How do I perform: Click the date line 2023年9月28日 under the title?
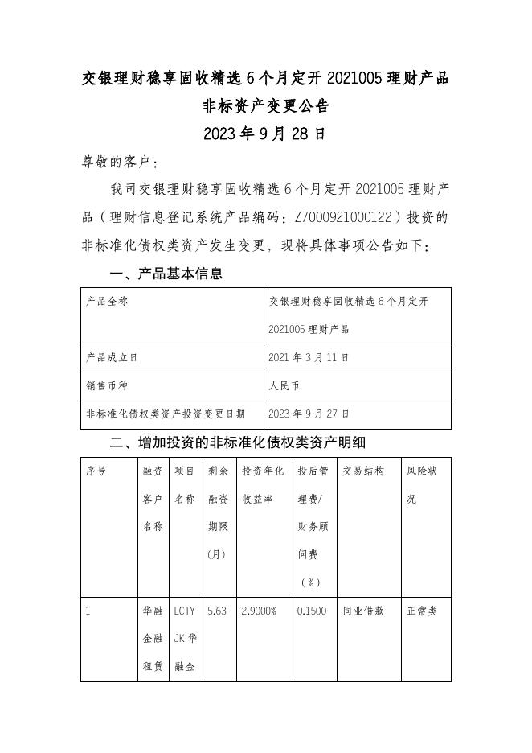click(x=265, y=134)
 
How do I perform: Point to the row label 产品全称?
click(x=107, y=302)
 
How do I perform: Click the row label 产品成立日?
click(x=112, y=357)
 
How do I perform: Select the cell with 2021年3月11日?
click(x=309, y=357)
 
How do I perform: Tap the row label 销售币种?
click(x=107, y=385)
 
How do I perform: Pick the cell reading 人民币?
click(x=284, y=385)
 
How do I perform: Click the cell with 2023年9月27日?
click(x=309, y=414)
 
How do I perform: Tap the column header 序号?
click(x=96, y=471)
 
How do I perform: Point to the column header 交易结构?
click(x=363, y=471)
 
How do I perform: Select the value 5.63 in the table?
click(x=217, y=611)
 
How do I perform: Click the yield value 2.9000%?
click(x=260, y=611)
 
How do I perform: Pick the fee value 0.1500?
click(x=312, y=611)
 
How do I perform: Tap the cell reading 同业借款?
click(x=363, y=611)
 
